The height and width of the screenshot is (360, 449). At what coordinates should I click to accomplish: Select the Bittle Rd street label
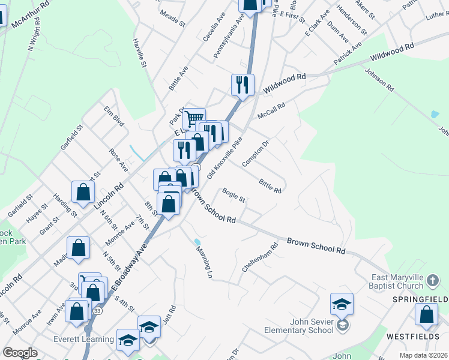click(x=270, y=185)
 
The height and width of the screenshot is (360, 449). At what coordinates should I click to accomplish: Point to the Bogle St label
click(x=234, y=195)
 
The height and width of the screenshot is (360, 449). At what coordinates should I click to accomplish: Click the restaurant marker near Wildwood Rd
click(x=243, y=85)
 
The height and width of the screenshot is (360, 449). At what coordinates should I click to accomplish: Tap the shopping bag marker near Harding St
click(x=83, y=192)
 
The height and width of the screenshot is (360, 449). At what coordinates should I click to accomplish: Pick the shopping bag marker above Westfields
click(x=426, y=315)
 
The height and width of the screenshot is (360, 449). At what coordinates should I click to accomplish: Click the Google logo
click(x=20, y=353)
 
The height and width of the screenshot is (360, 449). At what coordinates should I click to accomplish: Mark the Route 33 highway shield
click(x=97, y=311)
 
